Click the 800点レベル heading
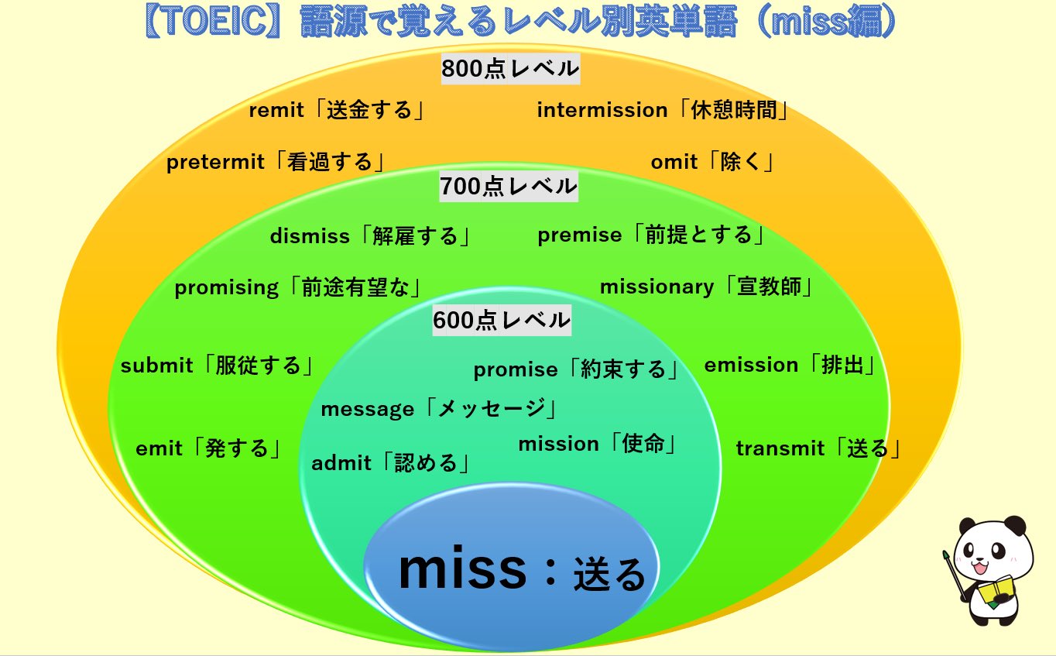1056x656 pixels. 510,69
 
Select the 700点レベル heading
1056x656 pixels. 509,186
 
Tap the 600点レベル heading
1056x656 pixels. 502,320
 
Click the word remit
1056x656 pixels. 276,111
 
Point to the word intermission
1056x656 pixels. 602,111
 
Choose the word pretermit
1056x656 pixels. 216,163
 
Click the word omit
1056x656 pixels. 674,163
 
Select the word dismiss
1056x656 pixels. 310,236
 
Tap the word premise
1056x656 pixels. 579,235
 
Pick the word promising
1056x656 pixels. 226,288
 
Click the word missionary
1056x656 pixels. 657,287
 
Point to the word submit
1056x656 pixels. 156,366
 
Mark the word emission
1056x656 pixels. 750,365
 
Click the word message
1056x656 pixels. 367,409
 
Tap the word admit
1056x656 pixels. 341,464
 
